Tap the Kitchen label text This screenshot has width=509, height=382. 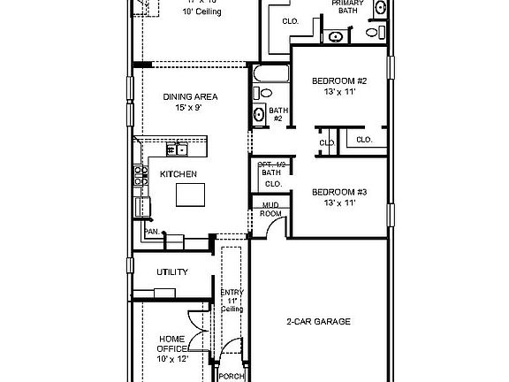pyautogui.click(x=178, y=174)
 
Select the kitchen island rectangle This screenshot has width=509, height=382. pyautogui.click(x=190, y=195)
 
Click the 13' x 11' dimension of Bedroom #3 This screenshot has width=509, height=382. pyautogui.click(x=338, y=203)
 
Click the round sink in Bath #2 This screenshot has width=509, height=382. pyautogui.click(x=260, y=113)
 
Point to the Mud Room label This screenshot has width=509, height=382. pyautogui.click(x=270, y=209)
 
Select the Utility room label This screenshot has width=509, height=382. pyautogui.click(x=172, y=271)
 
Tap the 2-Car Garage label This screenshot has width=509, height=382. pyautogui.click(x=318, y=321)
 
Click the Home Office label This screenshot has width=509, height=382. pyautogui.click(x=172, y=344)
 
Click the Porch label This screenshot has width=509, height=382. pyautogui.click(x=232, y=374)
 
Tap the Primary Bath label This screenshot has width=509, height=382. pyautogui.click(x=347, y=7)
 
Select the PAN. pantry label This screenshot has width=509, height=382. pyautogui.click(x=151, y=232)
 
